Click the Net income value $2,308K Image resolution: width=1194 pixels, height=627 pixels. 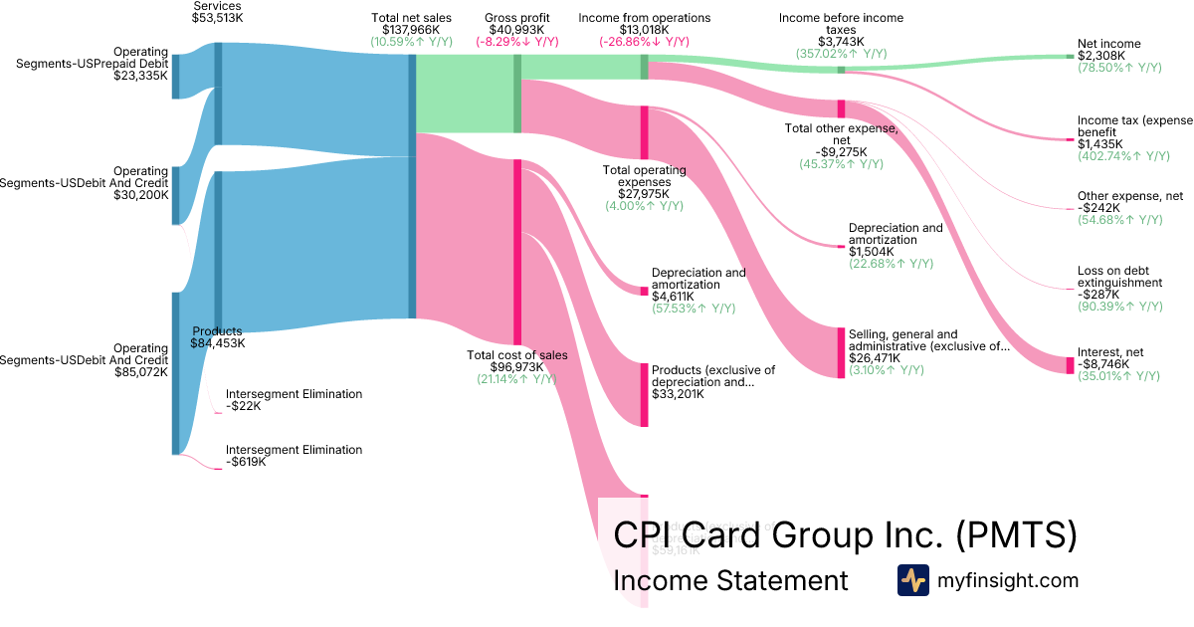tap(1101, 56)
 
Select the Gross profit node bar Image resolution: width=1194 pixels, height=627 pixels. tap(517, 94)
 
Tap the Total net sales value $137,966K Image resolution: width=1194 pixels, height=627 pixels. tap(410, 30)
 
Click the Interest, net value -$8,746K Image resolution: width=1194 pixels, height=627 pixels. tap(1103, 364)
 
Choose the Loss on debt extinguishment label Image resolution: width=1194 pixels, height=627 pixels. tap(1119, 277)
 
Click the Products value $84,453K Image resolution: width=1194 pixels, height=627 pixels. tap(217, 343)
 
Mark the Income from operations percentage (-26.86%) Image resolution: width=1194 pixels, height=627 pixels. tap(644, 42)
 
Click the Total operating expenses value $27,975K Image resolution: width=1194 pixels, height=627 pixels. tap(645, 193)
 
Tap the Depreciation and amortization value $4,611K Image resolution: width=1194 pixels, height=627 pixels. tap(676, 297)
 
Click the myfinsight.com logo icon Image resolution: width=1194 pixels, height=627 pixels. tap(912, 580)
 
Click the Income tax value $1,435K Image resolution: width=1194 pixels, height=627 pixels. tap(1100, 144)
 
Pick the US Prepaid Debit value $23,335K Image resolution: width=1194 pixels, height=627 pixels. tap(141, 75)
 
